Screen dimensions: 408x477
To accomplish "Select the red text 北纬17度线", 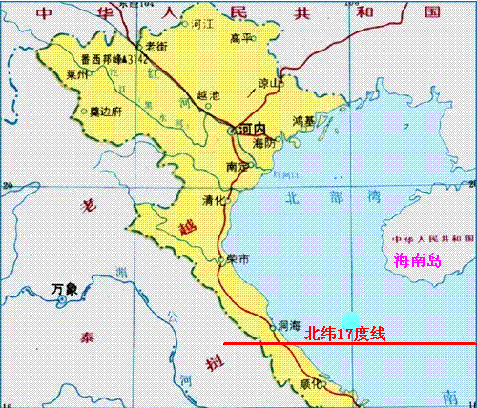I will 344,334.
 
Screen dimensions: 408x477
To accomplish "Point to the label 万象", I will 65,287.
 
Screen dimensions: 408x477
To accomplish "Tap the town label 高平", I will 239,38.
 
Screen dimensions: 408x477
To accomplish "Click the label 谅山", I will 273,83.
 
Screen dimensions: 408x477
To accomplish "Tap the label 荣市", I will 238,259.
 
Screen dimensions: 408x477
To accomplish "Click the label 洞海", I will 288,323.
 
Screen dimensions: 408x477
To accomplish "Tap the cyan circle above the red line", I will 352,320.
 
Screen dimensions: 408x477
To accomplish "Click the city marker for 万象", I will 64,300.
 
